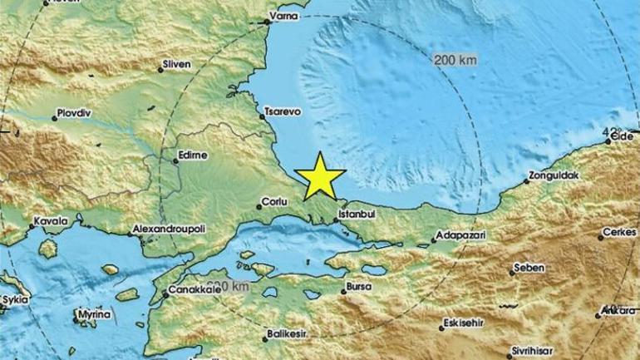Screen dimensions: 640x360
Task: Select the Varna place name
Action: click(283, 25)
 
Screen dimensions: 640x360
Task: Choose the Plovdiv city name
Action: click(72, 111)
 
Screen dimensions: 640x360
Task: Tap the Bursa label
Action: click(358, 289)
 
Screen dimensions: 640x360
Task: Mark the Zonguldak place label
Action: click(555, 177)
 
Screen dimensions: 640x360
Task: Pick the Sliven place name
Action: click(178, 63)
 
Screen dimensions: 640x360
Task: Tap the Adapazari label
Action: click(463, 236)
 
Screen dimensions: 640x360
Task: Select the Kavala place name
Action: click(46, 223)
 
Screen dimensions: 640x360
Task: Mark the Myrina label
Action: click(94, 316)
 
